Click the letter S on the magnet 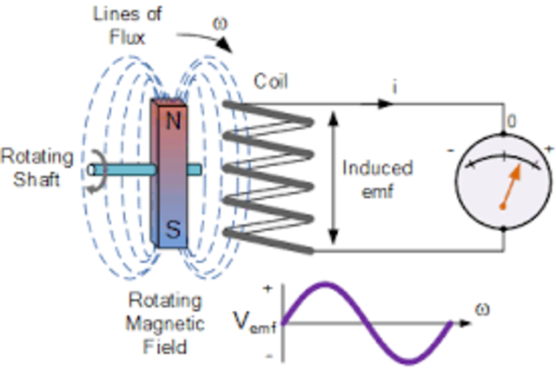click(173, 230)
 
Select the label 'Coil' click(272, 82)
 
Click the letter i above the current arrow click(395, 87)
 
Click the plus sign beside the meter click(548, 149)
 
